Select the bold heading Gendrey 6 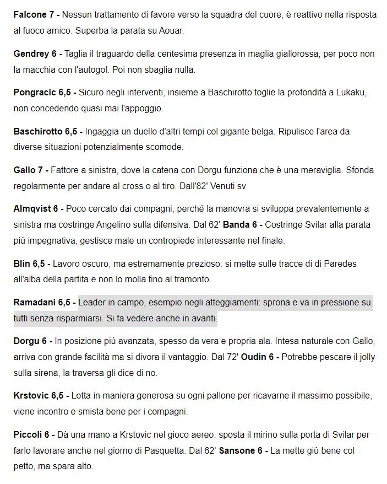(x=35, y=54)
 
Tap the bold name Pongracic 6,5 (x=41, y=93)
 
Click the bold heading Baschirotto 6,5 (x=45, y=132)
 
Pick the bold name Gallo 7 (x=30, y=170)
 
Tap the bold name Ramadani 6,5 (x=41, y=303)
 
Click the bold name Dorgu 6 (x=32, y=341)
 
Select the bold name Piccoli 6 (x=31, y=435)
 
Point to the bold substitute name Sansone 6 (x=241, y=451)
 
